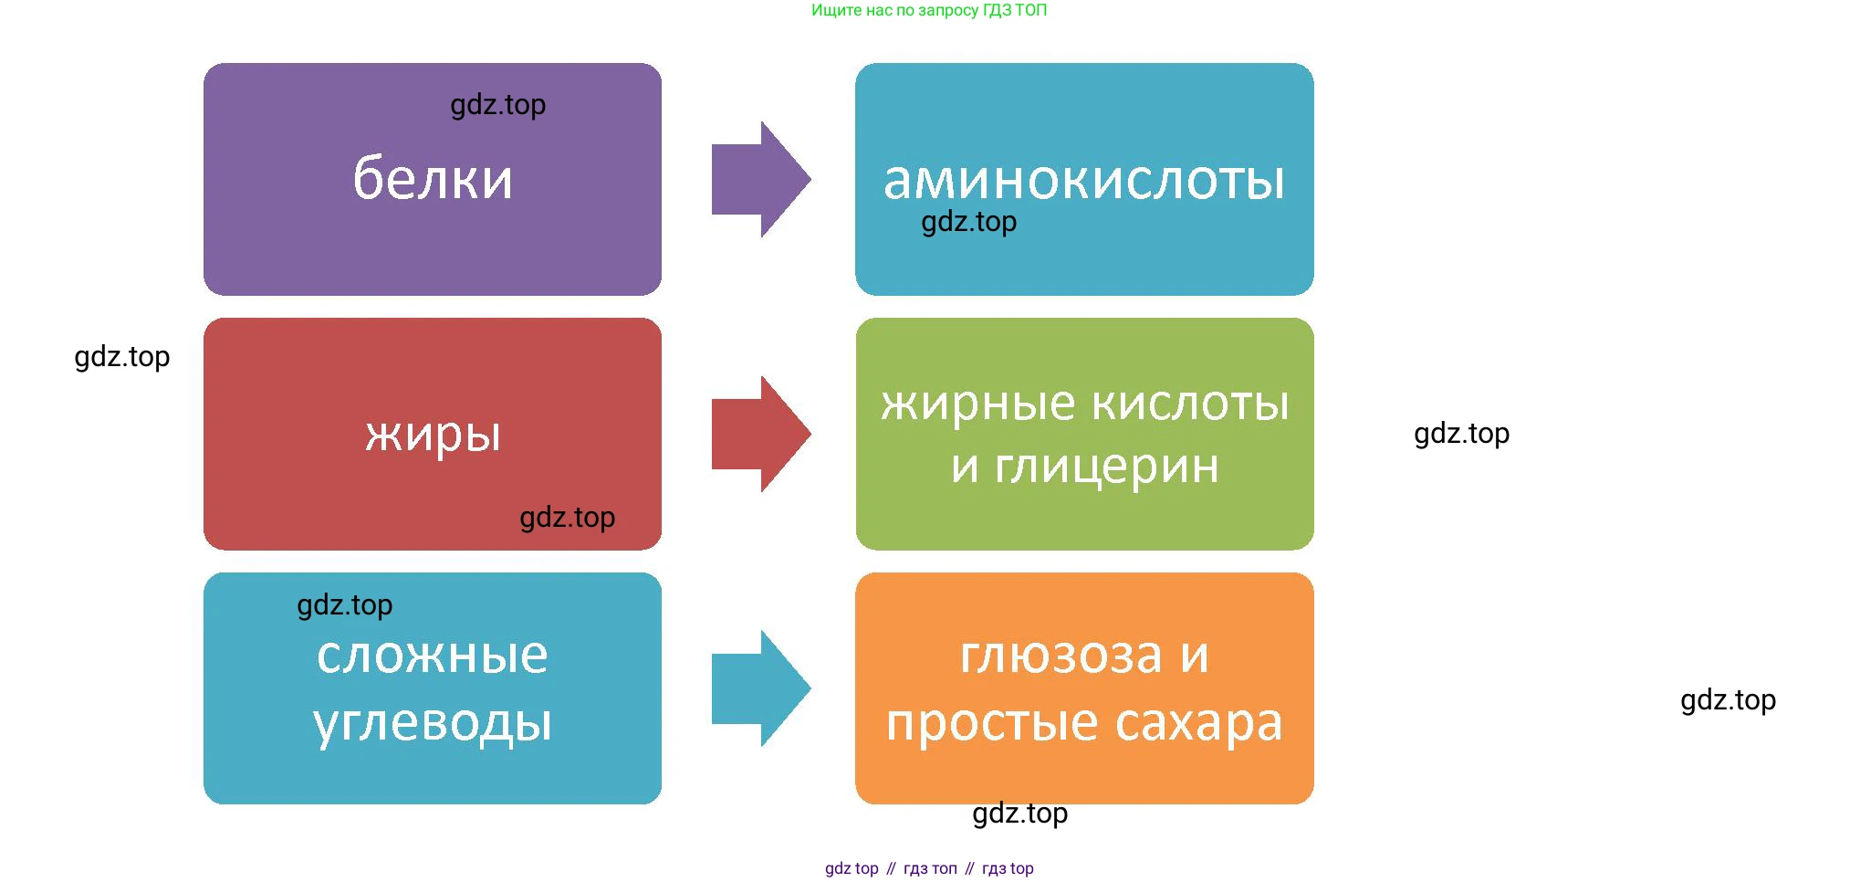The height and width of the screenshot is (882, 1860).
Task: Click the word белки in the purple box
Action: (433, 178)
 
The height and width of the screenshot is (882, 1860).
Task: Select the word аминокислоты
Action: (1083, 180)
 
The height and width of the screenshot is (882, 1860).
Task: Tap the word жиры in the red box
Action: (433, 434)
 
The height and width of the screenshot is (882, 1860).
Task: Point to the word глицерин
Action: (1106, 467)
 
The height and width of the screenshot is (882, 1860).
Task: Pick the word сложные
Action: (433, 656)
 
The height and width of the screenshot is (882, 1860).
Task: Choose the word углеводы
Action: (433, 723)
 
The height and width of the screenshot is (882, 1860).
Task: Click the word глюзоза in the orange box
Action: (1061, 656)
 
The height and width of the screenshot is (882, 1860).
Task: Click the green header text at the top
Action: (929, 10)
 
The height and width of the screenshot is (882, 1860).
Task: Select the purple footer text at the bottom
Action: (929, 868)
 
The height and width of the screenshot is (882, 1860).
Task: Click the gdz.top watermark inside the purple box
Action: (498, 105)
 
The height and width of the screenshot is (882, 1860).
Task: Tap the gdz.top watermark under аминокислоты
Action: (968, 222)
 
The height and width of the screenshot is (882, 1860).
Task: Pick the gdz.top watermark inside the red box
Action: (567, 518)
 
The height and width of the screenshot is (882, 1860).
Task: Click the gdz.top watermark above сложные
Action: (344, 605)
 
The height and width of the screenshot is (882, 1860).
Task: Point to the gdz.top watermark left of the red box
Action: (121, 357)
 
